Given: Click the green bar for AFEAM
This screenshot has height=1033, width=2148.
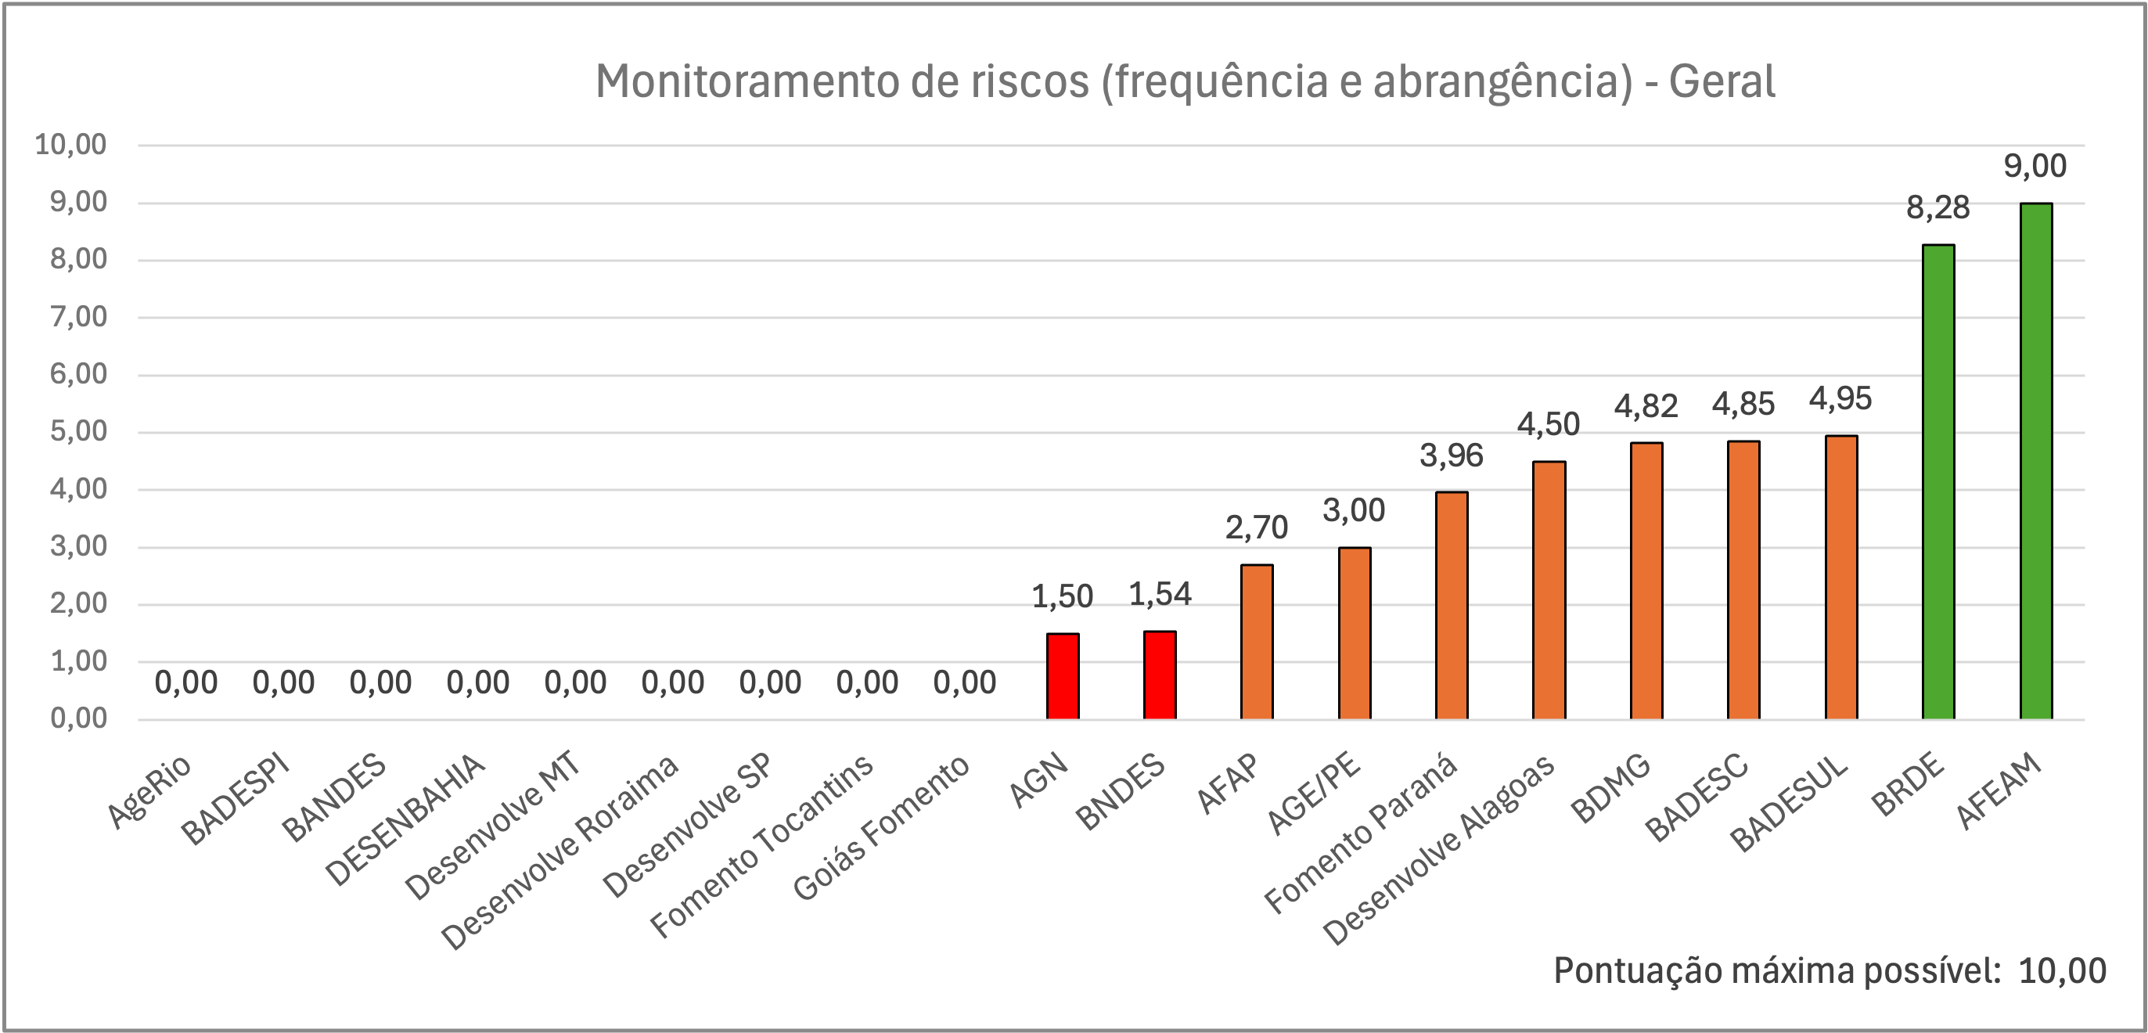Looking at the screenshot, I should click(x=2035, y=461).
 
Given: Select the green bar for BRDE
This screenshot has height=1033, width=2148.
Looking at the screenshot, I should click(x=1938, y=481).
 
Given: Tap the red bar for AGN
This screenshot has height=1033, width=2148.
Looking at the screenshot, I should click(x=1063, y=676).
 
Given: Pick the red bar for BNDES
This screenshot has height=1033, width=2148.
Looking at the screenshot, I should click(x=1160, y=675).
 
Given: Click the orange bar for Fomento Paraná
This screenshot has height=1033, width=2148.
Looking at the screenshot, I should click(x=1452, y=605).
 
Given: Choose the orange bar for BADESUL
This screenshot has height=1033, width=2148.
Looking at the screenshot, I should click(x=1841, y=577).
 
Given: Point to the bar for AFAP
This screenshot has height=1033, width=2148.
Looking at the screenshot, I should click(x=1257, y=641).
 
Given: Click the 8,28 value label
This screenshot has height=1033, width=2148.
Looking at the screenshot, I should click(x=1938, y=207).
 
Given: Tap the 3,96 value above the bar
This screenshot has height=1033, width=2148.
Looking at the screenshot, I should click(x=1452, y=455).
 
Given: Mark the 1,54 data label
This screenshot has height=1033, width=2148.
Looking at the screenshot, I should click(x=1160, y=594).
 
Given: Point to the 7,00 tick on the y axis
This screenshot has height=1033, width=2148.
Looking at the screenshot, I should click(x=78, y=317).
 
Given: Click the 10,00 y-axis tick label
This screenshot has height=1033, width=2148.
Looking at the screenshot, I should click(x=71, y=144).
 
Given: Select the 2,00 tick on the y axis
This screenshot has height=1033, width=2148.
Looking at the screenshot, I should click(x=78, y=603).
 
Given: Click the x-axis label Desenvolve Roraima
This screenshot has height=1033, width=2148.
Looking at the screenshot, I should click(x=560, y=852).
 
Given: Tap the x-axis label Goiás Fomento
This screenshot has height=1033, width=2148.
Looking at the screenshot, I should click(x=880, y=827).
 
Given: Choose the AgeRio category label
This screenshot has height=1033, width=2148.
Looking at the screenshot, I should click(x=150, y=791).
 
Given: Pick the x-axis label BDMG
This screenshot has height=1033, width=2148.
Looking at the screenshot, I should click(x=1610, y=787).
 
